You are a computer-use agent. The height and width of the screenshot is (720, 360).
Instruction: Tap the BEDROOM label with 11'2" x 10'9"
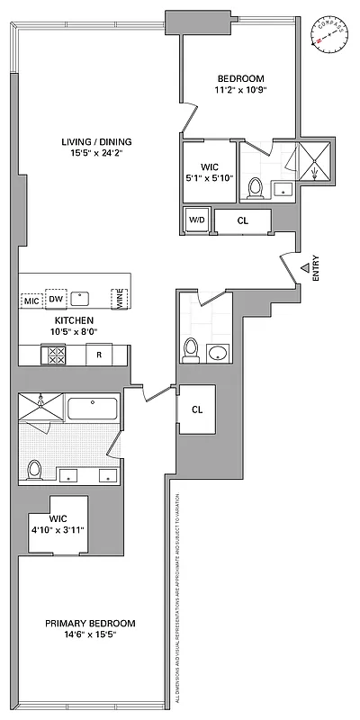240,84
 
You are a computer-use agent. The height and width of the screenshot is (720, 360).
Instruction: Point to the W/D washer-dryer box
195,219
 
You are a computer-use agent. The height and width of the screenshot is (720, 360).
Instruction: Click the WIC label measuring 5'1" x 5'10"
208,172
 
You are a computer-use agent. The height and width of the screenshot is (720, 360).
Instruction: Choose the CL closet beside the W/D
242,219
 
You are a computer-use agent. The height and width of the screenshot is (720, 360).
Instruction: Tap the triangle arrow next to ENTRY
306,266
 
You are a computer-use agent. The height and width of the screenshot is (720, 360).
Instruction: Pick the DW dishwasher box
56,299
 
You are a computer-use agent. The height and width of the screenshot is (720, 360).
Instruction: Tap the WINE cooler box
116,298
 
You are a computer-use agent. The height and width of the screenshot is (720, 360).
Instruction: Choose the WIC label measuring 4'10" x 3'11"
58,524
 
